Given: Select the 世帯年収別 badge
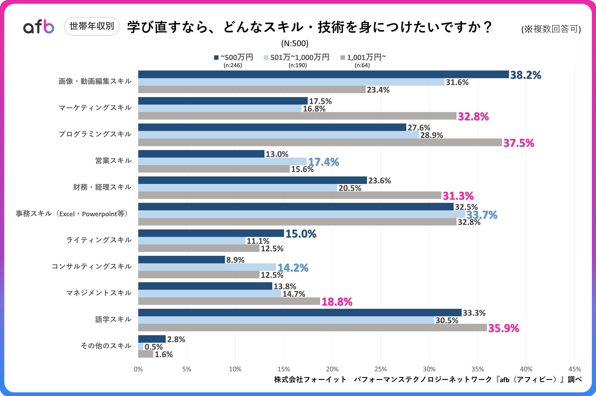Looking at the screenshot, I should [x=92, y=26].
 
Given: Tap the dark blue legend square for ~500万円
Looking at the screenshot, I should [x=216, y=58].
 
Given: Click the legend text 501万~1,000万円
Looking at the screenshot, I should [x=300, y=57].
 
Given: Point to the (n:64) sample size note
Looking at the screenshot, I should [x=362, y=65].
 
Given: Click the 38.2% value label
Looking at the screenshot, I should [x=525, y=75].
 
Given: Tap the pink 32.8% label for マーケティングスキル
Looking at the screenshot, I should [x=473, y=117].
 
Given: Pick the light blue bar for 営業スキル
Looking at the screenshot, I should [x=222, y=161].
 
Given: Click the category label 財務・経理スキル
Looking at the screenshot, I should [x=102, y=187].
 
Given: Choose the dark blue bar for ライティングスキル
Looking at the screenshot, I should [x=211, y=233].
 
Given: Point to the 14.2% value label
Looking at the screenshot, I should [x=293, y=268].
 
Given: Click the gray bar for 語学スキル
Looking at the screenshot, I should [x=312, y=328].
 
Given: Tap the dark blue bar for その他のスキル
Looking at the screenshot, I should [x=152, y=339].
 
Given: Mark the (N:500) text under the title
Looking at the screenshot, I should [x=295, y=43].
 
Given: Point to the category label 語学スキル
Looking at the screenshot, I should [x=113, y=320].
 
